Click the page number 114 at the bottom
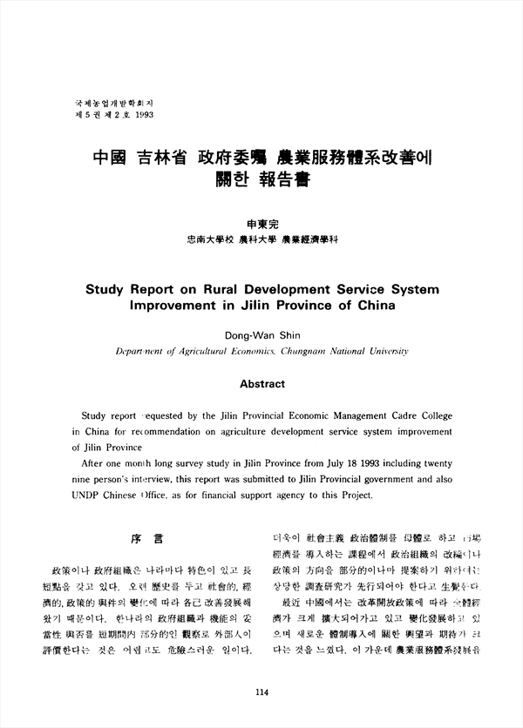[x=261, y=692]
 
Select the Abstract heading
[x=261, y=384]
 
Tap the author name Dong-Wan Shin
[x=261, y=332]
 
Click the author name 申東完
[x=261, y=223]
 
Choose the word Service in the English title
[x=348, y=289]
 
